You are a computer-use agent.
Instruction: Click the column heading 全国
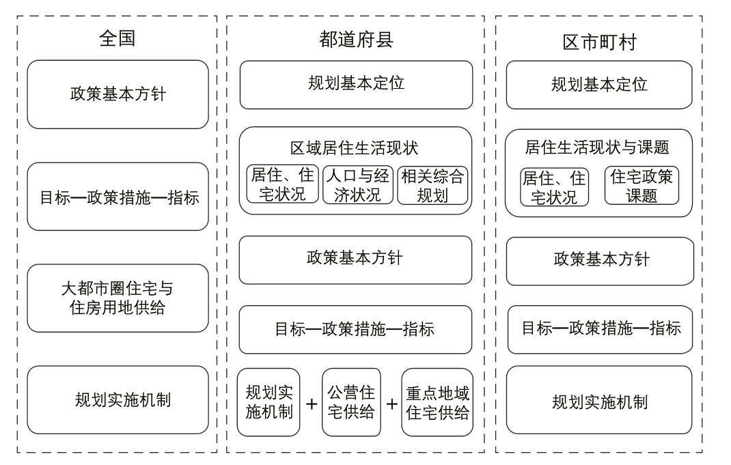(117, 38)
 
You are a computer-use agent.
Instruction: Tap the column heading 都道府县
(356, 40)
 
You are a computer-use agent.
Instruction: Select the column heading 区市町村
(600, 42)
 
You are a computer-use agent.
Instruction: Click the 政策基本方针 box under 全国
(118, 94)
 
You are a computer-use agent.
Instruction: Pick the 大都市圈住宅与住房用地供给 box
(118, 298)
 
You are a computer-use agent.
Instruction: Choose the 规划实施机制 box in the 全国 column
(118, 399)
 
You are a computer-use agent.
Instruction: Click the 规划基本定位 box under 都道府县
(356, 85)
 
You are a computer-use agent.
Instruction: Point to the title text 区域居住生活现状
(355, 148)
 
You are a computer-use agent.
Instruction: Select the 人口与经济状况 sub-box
(358, 184)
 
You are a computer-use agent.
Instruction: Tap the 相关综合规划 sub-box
(432, 186)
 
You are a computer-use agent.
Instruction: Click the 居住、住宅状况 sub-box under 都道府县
(283, 184)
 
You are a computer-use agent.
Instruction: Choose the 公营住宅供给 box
(352, 402)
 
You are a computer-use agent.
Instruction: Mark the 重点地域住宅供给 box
(437, 402)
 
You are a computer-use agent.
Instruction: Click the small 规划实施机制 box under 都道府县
(268, 402)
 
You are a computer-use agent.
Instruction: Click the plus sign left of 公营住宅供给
(312, 404)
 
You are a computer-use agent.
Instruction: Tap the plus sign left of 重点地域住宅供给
(392, 404)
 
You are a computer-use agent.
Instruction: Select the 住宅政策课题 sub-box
(642, 186)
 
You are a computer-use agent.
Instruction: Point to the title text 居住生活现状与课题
(597, 147)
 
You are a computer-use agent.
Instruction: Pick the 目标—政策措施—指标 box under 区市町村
(600, 329)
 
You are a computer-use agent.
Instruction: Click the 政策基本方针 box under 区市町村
(600, 262)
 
